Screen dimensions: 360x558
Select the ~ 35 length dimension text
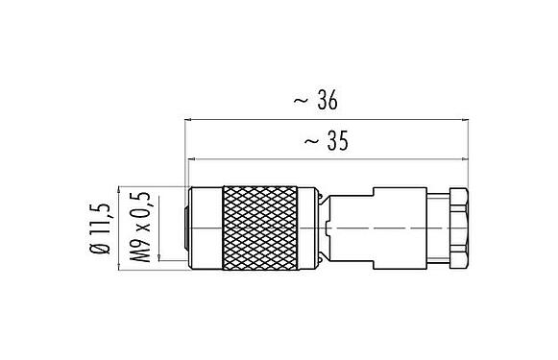(324, 140)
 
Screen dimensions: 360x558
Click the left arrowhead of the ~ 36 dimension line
(186, 121)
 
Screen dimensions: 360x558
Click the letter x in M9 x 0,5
(145, 229)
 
